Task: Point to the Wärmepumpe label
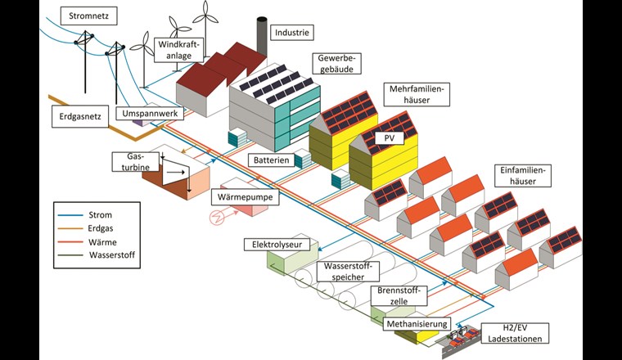pyautogui.click(x=246, y=197)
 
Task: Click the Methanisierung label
pyautogui.click(x=417, y=324)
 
